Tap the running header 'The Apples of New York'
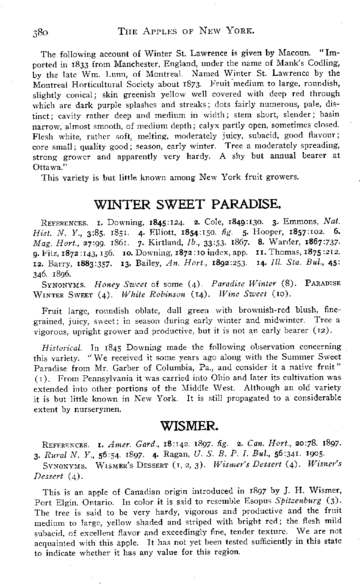(x=186, y=30)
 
